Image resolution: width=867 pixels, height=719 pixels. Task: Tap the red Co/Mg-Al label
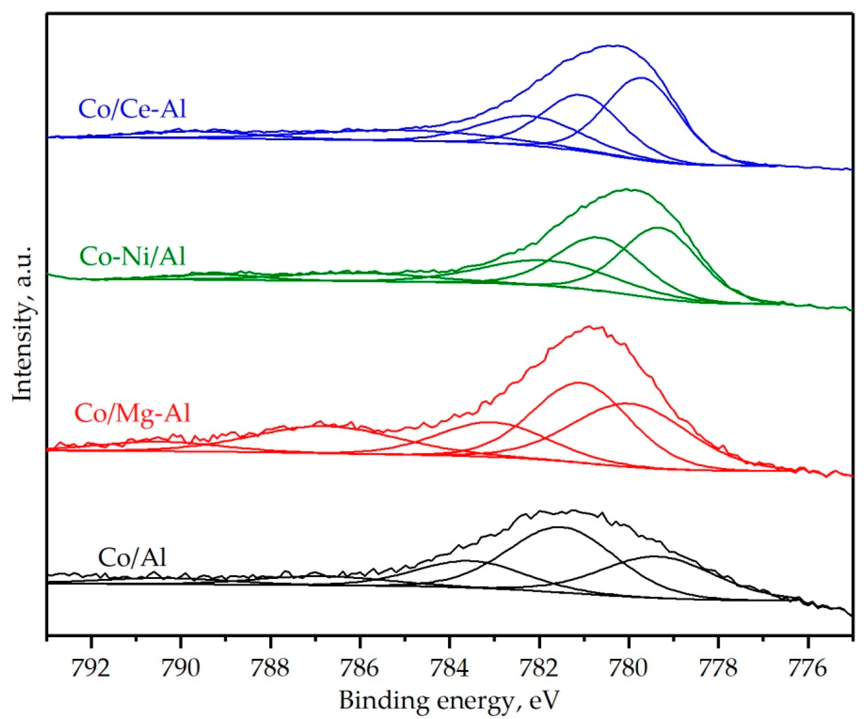click(132, 413)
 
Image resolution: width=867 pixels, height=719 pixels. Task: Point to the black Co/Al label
click(132, 557)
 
